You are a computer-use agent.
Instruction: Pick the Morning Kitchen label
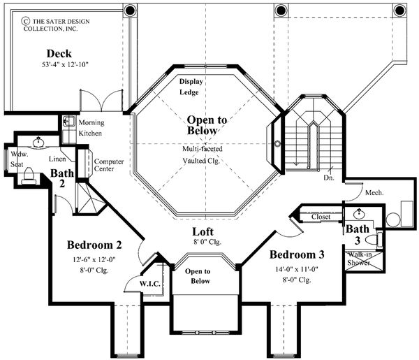pyautogui.click(x=91, y=127)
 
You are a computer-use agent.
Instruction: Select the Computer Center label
pyautogui.click(x=109, y=166)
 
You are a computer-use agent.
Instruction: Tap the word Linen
pyautogui.click(x=57, y=159)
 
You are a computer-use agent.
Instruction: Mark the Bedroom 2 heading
pyautogui.click(x=95, y=245)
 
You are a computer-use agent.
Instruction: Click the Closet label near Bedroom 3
pyautogui.click(x=321, y=217)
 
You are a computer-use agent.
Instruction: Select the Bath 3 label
pyautogui.click(x=358, y=232)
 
